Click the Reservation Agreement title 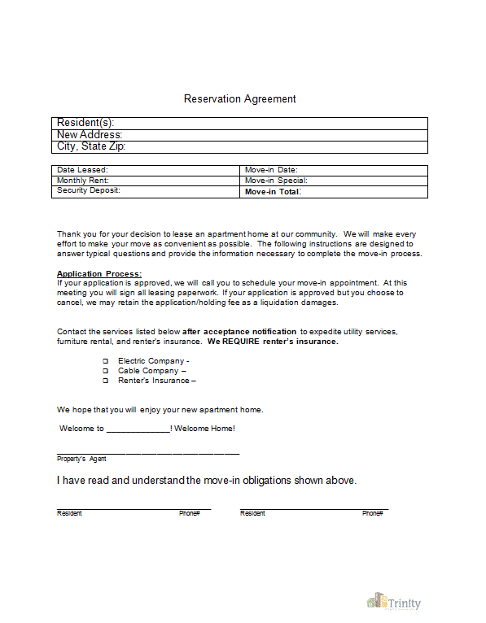pos(239,99)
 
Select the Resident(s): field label pos(85,123)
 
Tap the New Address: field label pos(90,135)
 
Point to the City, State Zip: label pos(91,147)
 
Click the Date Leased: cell pos(82,170)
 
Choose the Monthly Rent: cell pos(83,181)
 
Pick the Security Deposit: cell pos(88,190)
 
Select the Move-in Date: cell pos(271,170)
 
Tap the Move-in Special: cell pos(276,181)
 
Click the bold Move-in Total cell pos(273,192)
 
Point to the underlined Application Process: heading pos(99,273)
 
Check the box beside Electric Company pos(105,361)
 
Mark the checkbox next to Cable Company pos(105,371)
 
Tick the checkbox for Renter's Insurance pos(105,381)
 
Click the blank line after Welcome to pos(138,429)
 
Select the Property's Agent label pos(81,460)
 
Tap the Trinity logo pos(395,603)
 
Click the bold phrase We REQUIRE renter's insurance pos(273,342)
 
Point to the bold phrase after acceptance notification pos(240,332)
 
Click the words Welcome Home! pos(204,429)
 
